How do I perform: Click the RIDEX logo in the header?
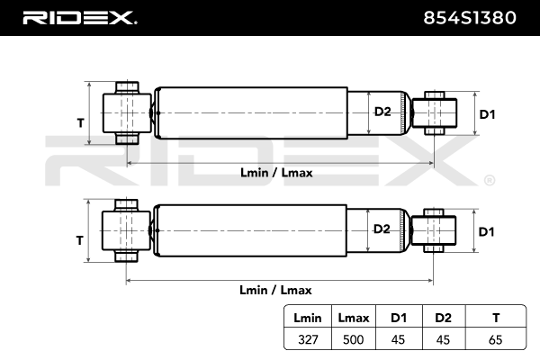[x=78, y=16]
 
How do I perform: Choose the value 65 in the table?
[x=493, y=341]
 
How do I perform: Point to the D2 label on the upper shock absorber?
[x=382, y=112]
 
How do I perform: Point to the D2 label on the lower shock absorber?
[x=382, y=229]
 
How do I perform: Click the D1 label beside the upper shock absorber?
[x=487, y=114]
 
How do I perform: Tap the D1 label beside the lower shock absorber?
[x=487, y=231]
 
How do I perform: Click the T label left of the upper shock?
[x=80, y=123]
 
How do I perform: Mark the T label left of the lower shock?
[x=80, y=240]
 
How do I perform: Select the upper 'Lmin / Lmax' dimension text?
[x=276, y=173]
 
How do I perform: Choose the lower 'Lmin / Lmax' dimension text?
[x=276, y=290]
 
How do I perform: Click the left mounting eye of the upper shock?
[x=126, y=112]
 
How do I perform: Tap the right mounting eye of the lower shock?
[x=434, y=229]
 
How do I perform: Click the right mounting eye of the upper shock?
[x=434, y=112]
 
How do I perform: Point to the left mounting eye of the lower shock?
[x=126, y=230]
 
